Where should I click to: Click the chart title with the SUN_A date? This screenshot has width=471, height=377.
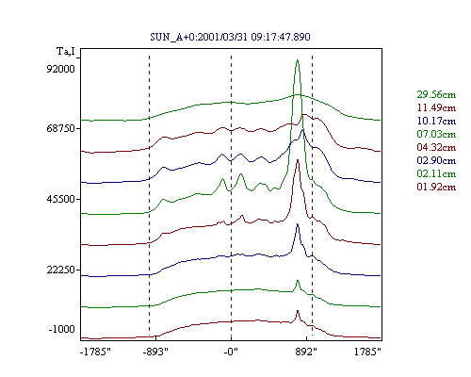(230, 37)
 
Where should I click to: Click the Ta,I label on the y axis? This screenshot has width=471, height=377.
(66, 51)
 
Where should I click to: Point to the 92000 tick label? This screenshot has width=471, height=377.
(60, 69)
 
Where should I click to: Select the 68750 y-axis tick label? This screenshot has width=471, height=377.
(60, 128)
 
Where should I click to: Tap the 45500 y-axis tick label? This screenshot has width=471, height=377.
(60, 199)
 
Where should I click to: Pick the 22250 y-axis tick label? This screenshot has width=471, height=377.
(60, 270)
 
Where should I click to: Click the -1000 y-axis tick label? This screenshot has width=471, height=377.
(61, 329)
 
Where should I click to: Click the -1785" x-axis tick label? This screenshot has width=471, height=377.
(95, 352)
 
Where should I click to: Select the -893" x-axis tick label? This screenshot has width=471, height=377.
(155, 352)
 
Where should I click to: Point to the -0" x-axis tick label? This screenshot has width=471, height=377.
(231, 352)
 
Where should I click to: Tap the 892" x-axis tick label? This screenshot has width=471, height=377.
(306, 352)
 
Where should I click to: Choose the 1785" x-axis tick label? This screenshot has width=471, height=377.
(367, 352)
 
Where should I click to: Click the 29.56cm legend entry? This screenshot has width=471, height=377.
(436, 94)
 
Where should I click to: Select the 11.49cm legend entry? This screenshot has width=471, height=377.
(436, 107)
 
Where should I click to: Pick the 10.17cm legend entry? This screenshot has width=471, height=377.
(436, 121)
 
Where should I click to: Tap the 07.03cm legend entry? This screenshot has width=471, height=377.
(436, 134)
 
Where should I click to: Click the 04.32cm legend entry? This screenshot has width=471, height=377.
(436, 147)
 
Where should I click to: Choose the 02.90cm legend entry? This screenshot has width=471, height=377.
(436, 160)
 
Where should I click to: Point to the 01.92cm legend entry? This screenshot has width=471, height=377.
(436, 187)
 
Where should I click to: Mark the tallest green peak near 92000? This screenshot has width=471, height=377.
(297, 60)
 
